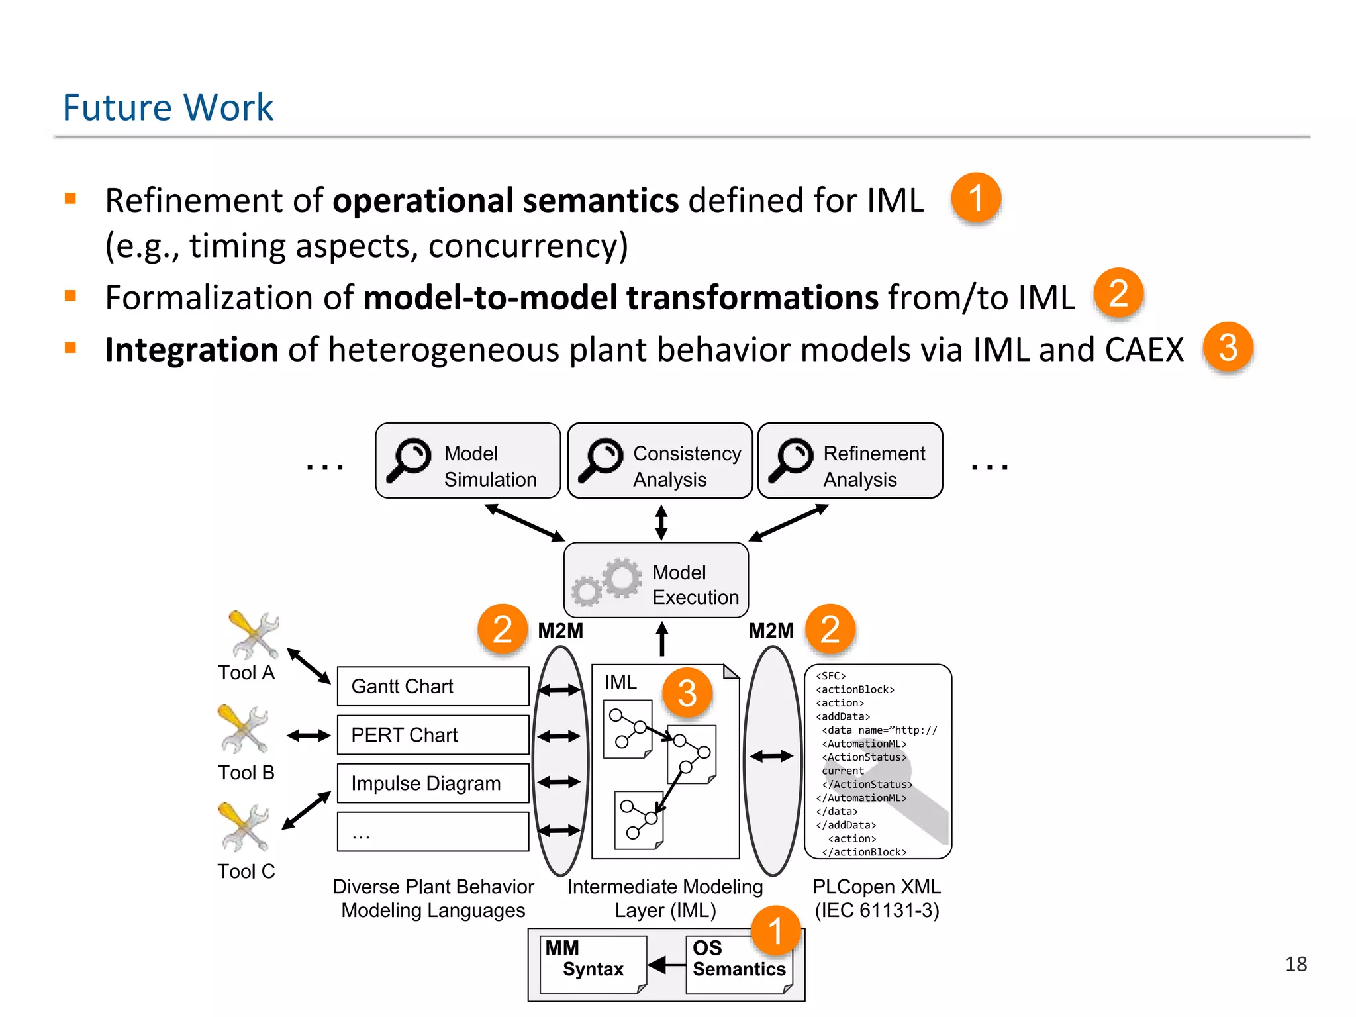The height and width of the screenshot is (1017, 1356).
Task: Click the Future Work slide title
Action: (168, 107)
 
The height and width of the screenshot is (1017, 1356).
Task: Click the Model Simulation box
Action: (467, 461)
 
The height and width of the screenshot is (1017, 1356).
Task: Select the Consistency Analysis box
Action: (660, 461)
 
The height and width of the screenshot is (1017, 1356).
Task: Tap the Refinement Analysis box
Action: (850, 461)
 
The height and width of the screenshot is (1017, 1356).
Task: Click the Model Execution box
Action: (656, 581)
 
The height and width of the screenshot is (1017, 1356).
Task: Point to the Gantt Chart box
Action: (433, 687)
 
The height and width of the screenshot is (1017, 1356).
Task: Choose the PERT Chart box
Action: (433, 735)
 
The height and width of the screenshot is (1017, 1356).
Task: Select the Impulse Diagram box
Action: (433, 783)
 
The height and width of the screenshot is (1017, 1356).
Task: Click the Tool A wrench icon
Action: (253, 635)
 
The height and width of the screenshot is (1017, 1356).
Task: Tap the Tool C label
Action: (246, 871)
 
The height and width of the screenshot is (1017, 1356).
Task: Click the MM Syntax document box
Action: (593, 964)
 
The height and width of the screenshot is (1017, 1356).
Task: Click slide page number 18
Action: (1296, 964)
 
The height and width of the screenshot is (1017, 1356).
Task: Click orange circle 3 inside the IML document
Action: (687, 693)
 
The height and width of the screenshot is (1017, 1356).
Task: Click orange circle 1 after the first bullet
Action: (975, 198)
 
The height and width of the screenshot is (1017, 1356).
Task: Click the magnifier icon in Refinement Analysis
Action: (790, 460)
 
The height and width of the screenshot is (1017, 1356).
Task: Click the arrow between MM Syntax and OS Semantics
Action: (666, 965)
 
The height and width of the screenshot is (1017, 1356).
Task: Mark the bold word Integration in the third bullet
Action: (191, 350)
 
